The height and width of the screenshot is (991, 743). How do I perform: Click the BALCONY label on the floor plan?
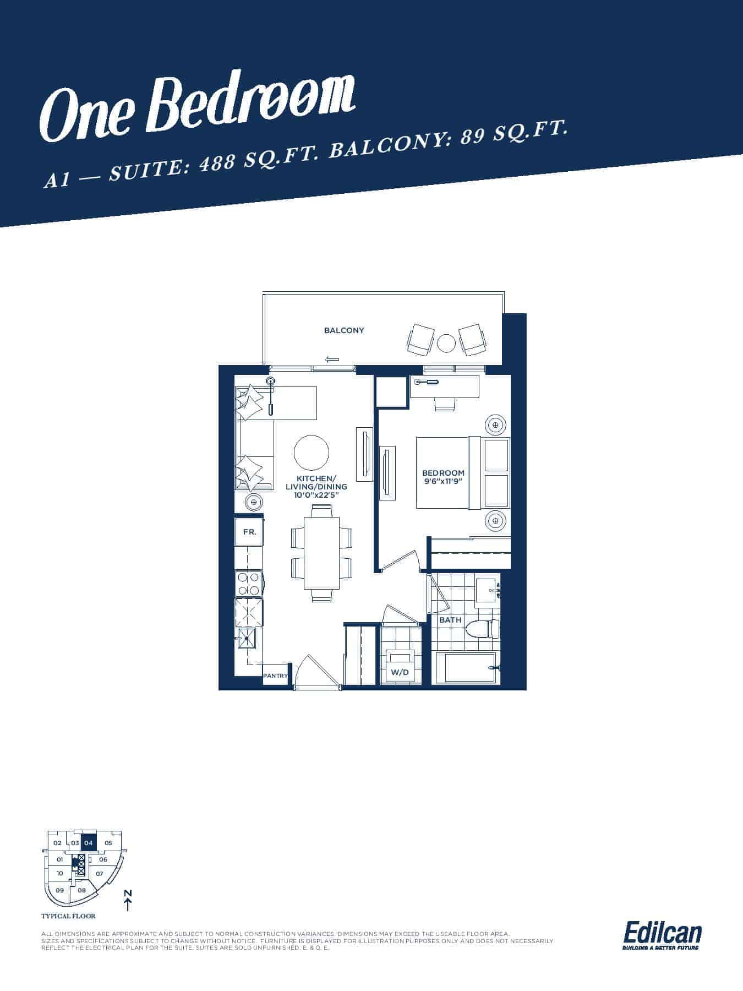[344, 330]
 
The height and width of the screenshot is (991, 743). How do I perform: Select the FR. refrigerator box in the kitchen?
[249, 532]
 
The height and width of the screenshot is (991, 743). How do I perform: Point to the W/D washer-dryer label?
[400, 672]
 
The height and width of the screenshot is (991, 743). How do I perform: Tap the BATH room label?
[450, 620]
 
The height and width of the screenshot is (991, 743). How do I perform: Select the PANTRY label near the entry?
[276, 676]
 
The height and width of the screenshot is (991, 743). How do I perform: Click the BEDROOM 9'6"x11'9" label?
[443, 477]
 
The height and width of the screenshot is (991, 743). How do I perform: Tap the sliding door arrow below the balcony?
[331, 360]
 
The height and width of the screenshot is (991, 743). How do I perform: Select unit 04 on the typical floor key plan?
[89, 843]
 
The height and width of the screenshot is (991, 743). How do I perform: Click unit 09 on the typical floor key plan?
[60, 890]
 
